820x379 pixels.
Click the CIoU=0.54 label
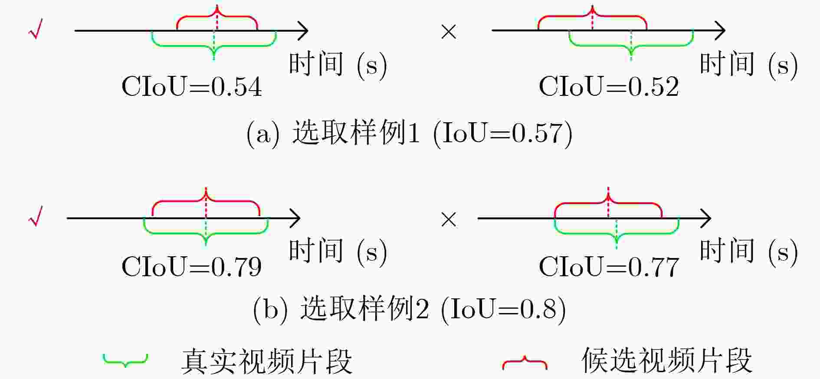click(x=192, y=86)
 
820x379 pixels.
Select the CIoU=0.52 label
click(x=609, y=86)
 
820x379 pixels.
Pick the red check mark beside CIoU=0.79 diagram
click(x=36, y=216)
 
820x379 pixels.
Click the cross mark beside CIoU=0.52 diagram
click(x=449, y=32)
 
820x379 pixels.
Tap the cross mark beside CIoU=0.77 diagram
click(x=449, y=219)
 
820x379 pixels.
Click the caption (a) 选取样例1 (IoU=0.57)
click(x=410, y=133)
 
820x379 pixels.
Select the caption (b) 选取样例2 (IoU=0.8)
click(x=410, y=309)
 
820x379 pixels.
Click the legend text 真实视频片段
click(x=266, y=361)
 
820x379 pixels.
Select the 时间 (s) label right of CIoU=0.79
click(x=338, y=252)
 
